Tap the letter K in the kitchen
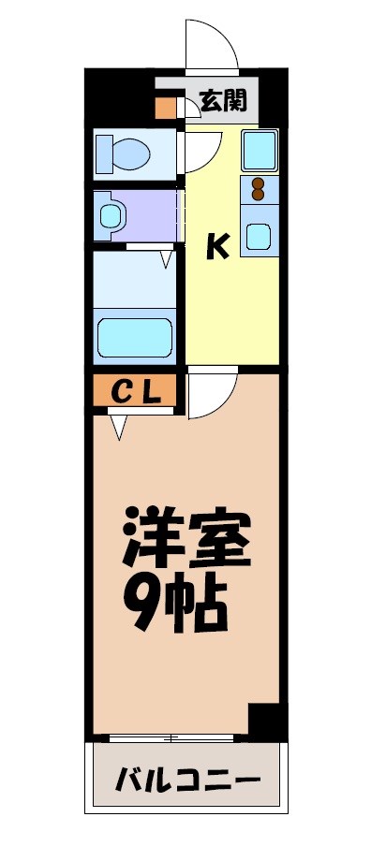tap(217, 246)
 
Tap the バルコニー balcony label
tap(186, 780)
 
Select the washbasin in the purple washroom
tap(111, 216)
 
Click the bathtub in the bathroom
tap(136, 337)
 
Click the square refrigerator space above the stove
tap(258, 150)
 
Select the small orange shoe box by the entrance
tap(165, 106)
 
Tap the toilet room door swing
tap(200, 150)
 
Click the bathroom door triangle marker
tap(167, 257)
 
